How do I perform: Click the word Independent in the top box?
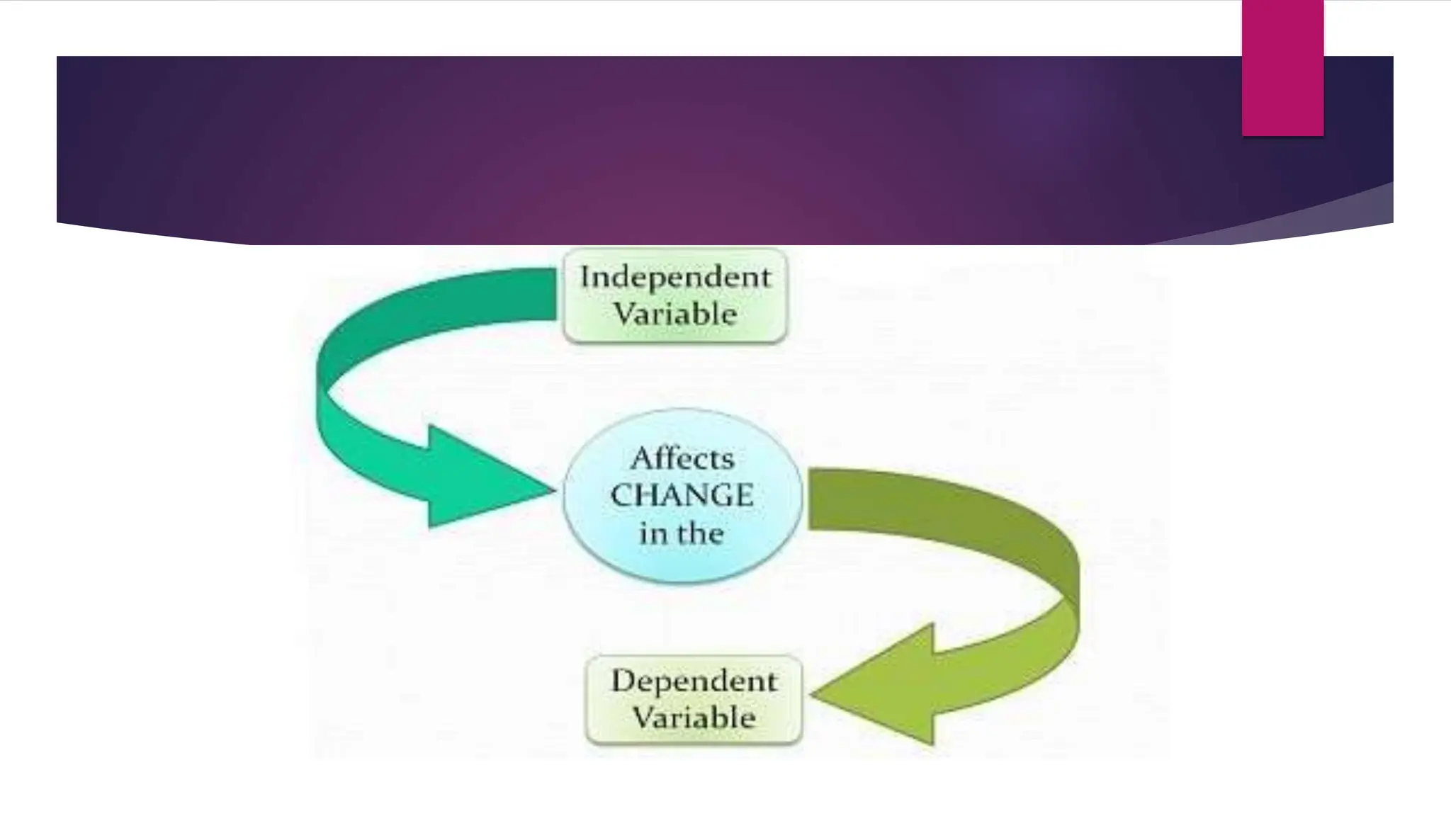pyautogui.click(x=675, y=277)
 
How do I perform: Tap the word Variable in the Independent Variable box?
pyautogui.click(x=675, y=314)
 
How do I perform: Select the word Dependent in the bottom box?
pyautogui.click(x=694, y=681)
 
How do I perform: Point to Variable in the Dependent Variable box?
pyautogui.click(x=694, y=718)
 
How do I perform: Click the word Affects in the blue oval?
pyautogui.click(x=682, y=458)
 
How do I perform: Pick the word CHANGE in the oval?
pyautogui.click(x=682, y=495)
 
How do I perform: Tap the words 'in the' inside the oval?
pyautogui.click(x=682, y=533)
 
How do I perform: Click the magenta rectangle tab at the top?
pyautogui.click(x=1282, y=67)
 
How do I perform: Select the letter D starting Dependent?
pyautogui.click(x=621, y=681)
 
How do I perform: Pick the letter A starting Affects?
pyautogui.click(x=640, y=458)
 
